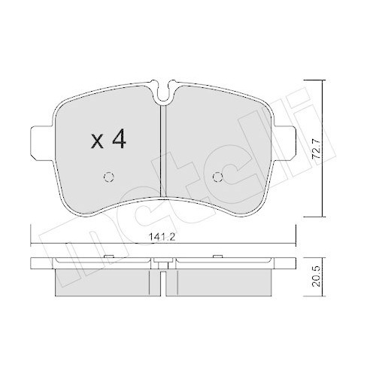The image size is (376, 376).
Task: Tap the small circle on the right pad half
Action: pos(219,178)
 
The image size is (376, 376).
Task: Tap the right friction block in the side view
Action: pos(221,281)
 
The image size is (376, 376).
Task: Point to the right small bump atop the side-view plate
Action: pos(217,260)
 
